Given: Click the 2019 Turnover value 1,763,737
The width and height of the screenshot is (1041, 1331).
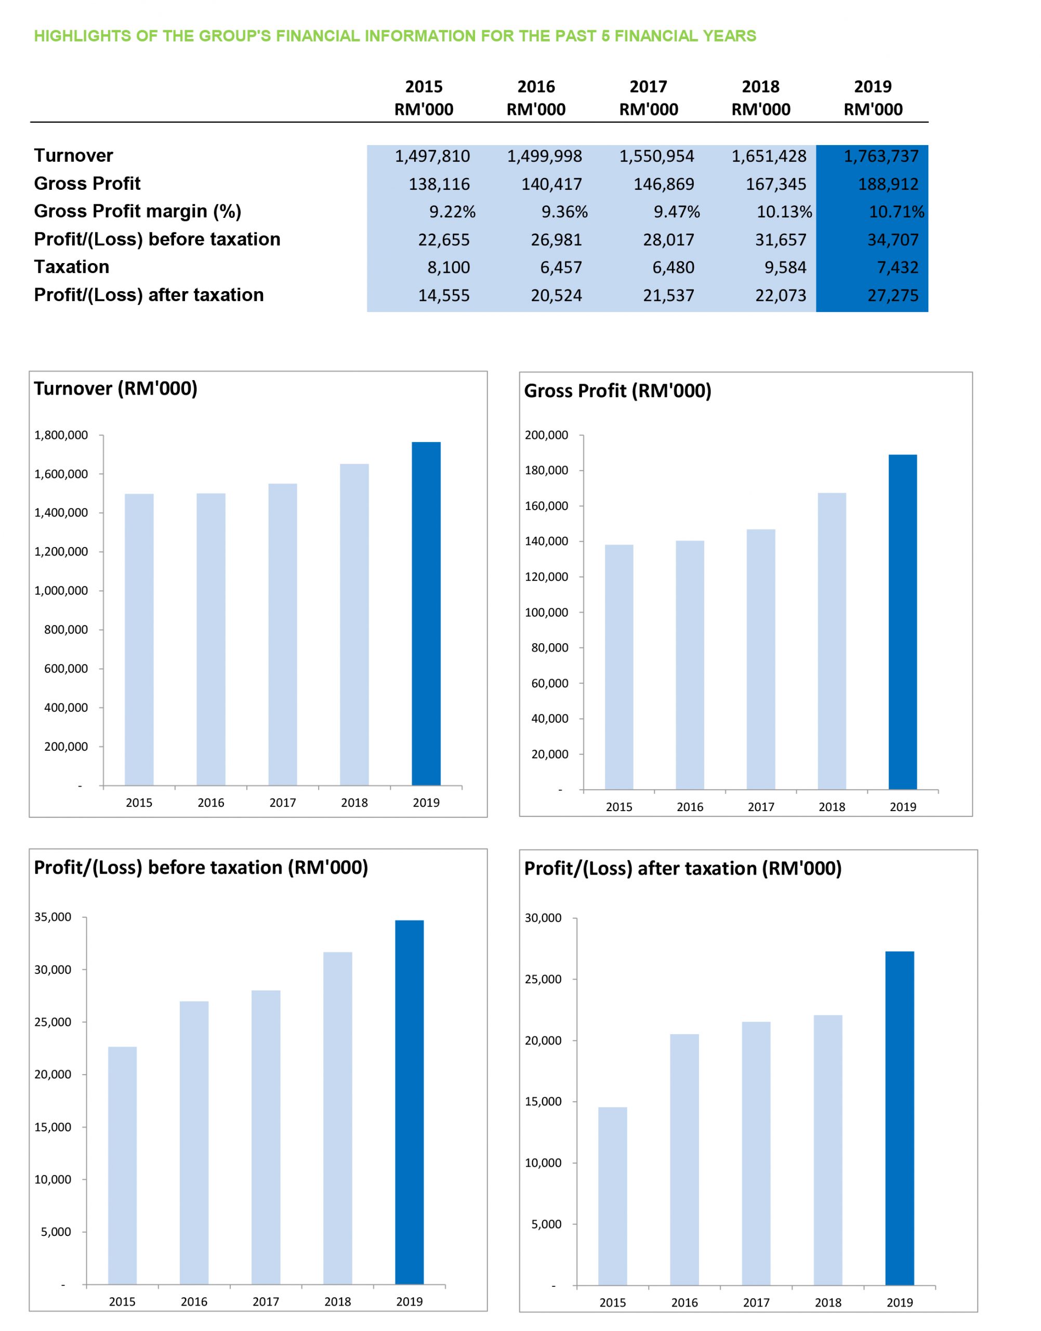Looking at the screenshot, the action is click(881, 156).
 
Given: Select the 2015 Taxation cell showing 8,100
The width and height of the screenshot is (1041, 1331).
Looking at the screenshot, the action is click(449, 268).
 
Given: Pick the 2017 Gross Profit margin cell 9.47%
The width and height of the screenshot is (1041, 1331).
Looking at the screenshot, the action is click(677, 212).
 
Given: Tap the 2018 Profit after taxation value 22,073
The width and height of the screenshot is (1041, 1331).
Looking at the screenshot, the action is click(781, 296).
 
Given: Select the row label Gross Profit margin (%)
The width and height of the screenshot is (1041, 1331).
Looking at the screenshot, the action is click(138, 212).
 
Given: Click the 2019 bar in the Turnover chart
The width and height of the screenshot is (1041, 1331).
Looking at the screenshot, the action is click(426, 614).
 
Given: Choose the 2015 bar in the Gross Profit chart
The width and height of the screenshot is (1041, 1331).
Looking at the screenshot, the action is click(618, 667).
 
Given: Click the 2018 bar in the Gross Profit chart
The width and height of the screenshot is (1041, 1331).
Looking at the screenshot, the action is click(832, 642).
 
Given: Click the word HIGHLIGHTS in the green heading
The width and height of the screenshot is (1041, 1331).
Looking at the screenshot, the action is click(83, 36).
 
